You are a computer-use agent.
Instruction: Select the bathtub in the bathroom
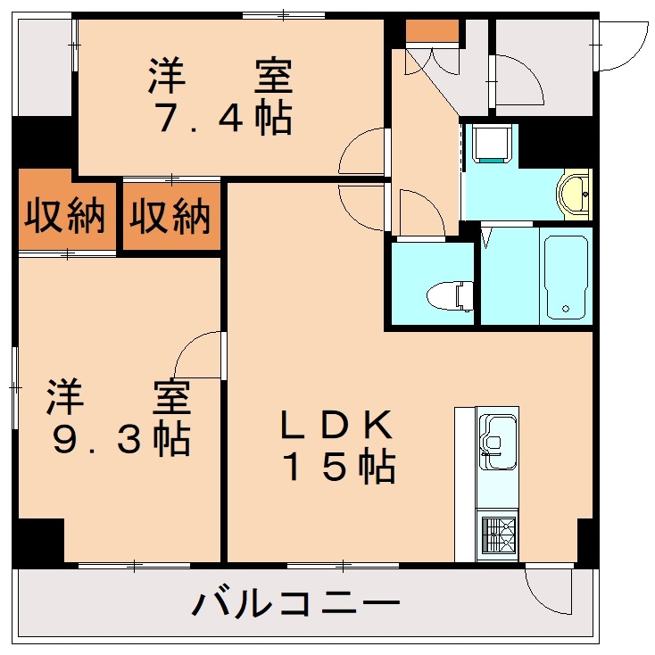click(x=566, y=276)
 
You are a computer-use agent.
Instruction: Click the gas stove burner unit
click(x=497, y=536)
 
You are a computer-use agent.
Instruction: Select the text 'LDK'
click(x=336, y=426)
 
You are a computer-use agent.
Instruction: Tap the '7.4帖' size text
click(x=223, y=119)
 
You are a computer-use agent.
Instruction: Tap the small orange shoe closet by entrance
click(x=432, y=31)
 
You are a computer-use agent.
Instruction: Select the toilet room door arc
click(x=421, y=214)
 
